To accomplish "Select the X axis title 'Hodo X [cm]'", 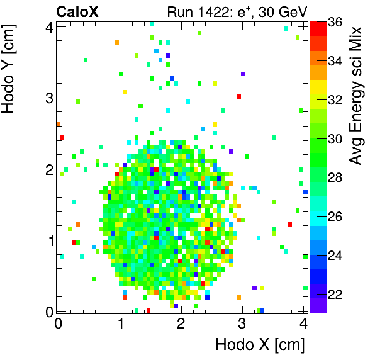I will coord(260,345).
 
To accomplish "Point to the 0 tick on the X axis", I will coord(58,323).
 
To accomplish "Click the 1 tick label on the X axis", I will coord(120,323).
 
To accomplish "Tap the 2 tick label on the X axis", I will coord(181,323).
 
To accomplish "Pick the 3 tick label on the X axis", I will coord(242,323).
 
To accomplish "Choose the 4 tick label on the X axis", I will coord(303,323).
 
